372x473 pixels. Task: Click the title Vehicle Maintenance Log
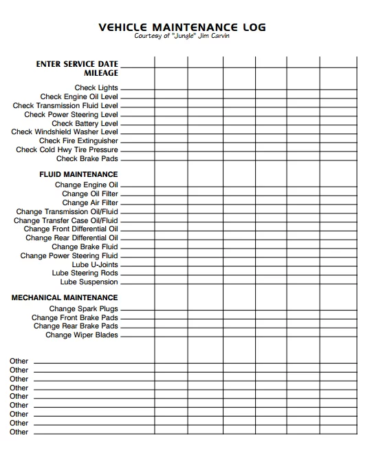pos(182,28)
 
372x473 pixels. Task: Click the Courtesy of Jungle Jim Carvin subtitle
pos(182,36)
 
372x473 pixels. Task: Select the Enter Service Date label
pos(77,64)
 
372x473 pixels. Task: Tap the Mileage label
pos(101,73)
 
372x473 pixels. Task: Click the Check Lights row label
pos(96,88)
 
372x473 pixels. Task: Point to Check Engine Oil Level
pos(79,97)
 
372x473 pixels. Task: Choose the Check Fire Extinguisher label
pos(78,141)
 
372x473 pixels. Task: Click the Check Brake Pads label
pos(87,159)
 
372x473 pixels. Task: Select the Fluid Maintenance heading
pos(78,175)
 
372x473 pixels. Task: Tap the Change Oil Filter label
pos(90,194)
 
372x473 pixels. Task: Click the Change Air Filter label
pos(90,203)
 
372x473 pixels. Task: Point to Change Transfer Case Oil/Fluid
pos(66,221)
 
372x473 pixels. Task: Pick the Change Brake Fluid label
pos(85,247)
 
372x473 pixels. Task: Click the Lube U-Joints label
pos(95,265)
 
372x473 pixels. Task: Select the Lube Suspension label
pos(89,282)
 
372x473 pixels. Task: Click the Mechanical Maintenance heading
pos(65,298)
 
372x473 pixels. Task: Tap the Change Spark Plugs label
pos(84,309)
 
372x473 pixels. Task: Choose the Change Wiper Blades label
pos(82,335)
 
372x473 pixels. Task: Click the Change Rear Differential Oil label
pos(72,238)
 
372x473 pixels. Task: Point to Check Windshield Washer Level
pos(65,132)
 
